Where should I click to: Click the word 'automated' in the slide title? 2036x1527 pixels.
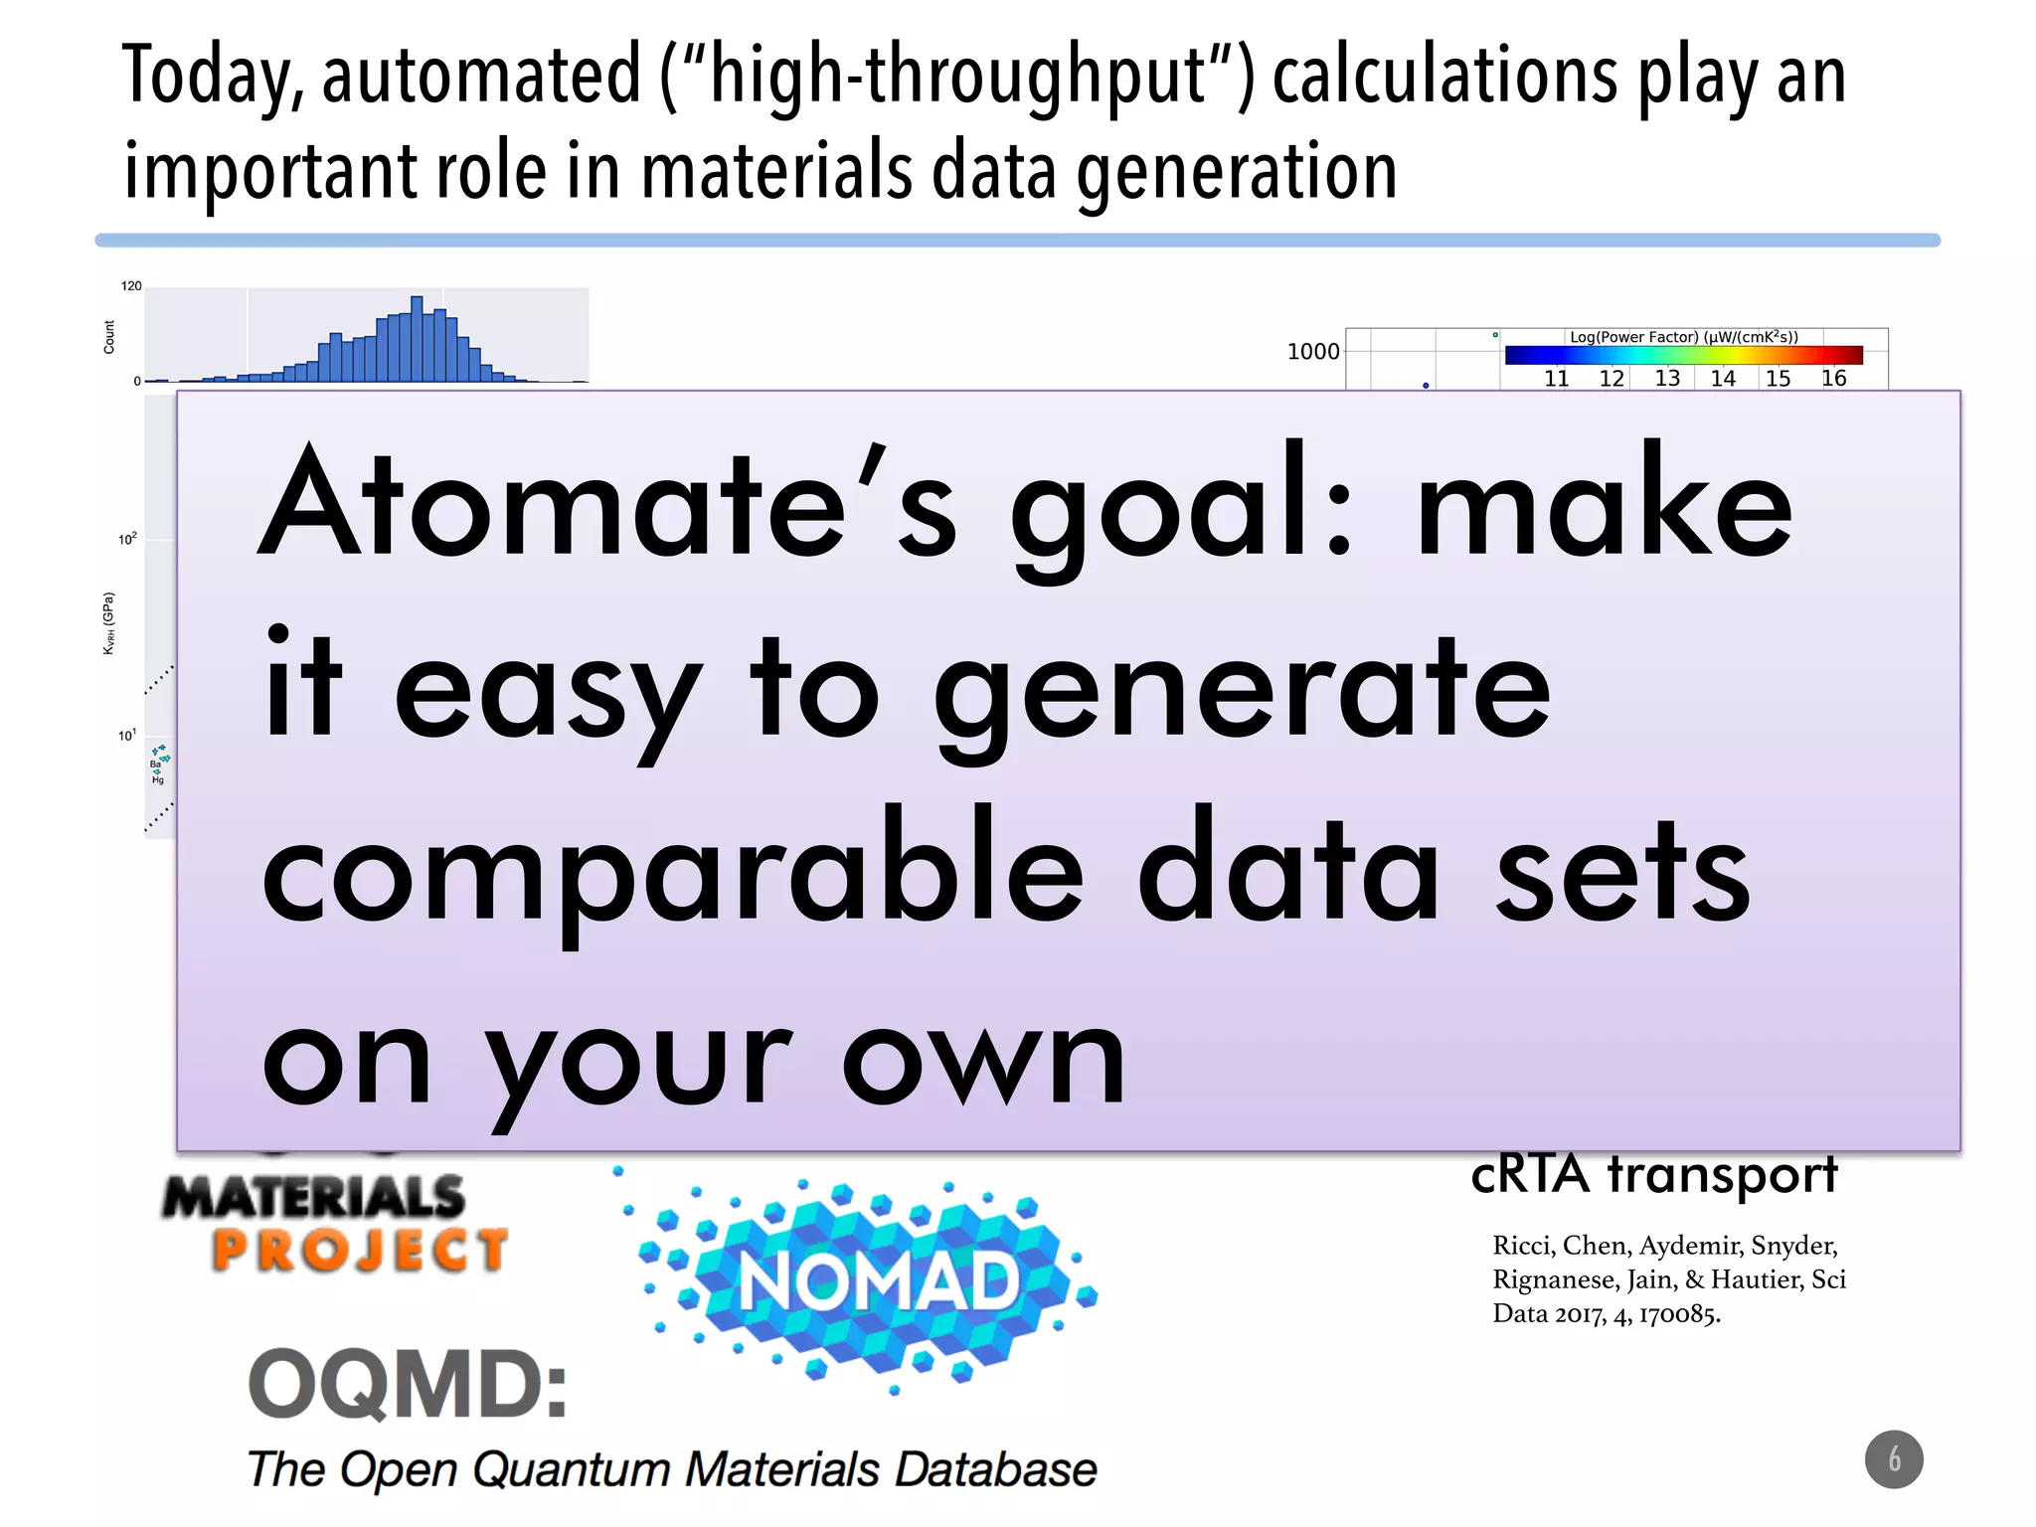(x=481, y=76)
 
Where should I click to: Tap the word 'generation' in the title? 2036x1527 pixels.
(x=1237, y=171)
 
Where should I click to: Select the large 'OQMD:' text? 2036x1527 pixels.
(x=408, y=1385)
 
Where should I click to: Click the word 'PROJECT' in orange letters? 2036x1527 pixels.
(x=360, y=1251)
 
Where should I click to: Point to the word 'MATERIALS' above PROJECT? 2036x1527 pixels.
(x=314, y=1196)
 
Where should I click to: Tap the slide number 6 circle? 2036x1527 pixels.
(x=1894, y=1459)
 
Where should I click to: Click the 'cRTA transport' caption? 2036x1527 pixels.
(x=1654, y=1174)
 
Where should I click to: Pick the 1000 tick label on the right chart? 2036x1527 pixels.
(x=1312, y=352)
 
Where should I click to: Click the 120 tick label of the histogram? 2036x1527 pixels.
(x=131, y=286)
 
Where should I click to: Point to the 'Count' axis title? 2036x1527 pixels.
(x=109, y=337)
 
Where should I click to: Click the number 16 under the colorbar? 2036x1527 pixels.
(x=1833, y=379)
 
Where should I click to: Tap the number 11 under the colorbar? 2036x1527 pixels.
(x=1557, y=379)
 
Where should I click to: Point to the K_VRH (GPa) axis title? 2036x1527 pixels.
(x=109, y=623)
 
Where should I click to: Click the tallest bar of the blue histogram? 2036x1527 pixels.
(x=418, y=338)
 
